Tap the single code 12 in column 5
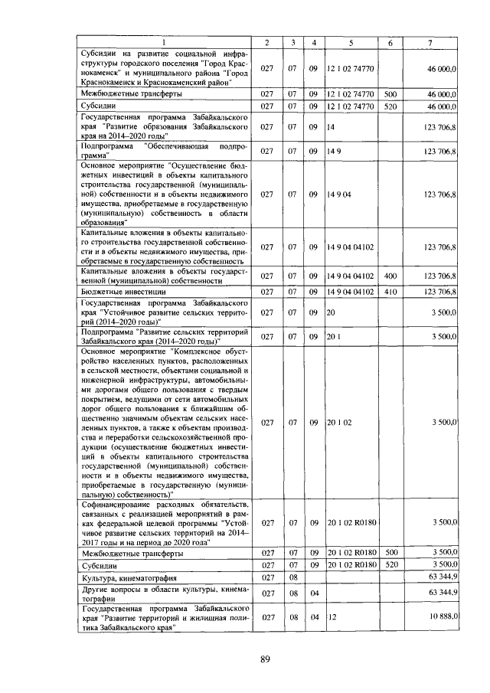pos(332,616)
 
